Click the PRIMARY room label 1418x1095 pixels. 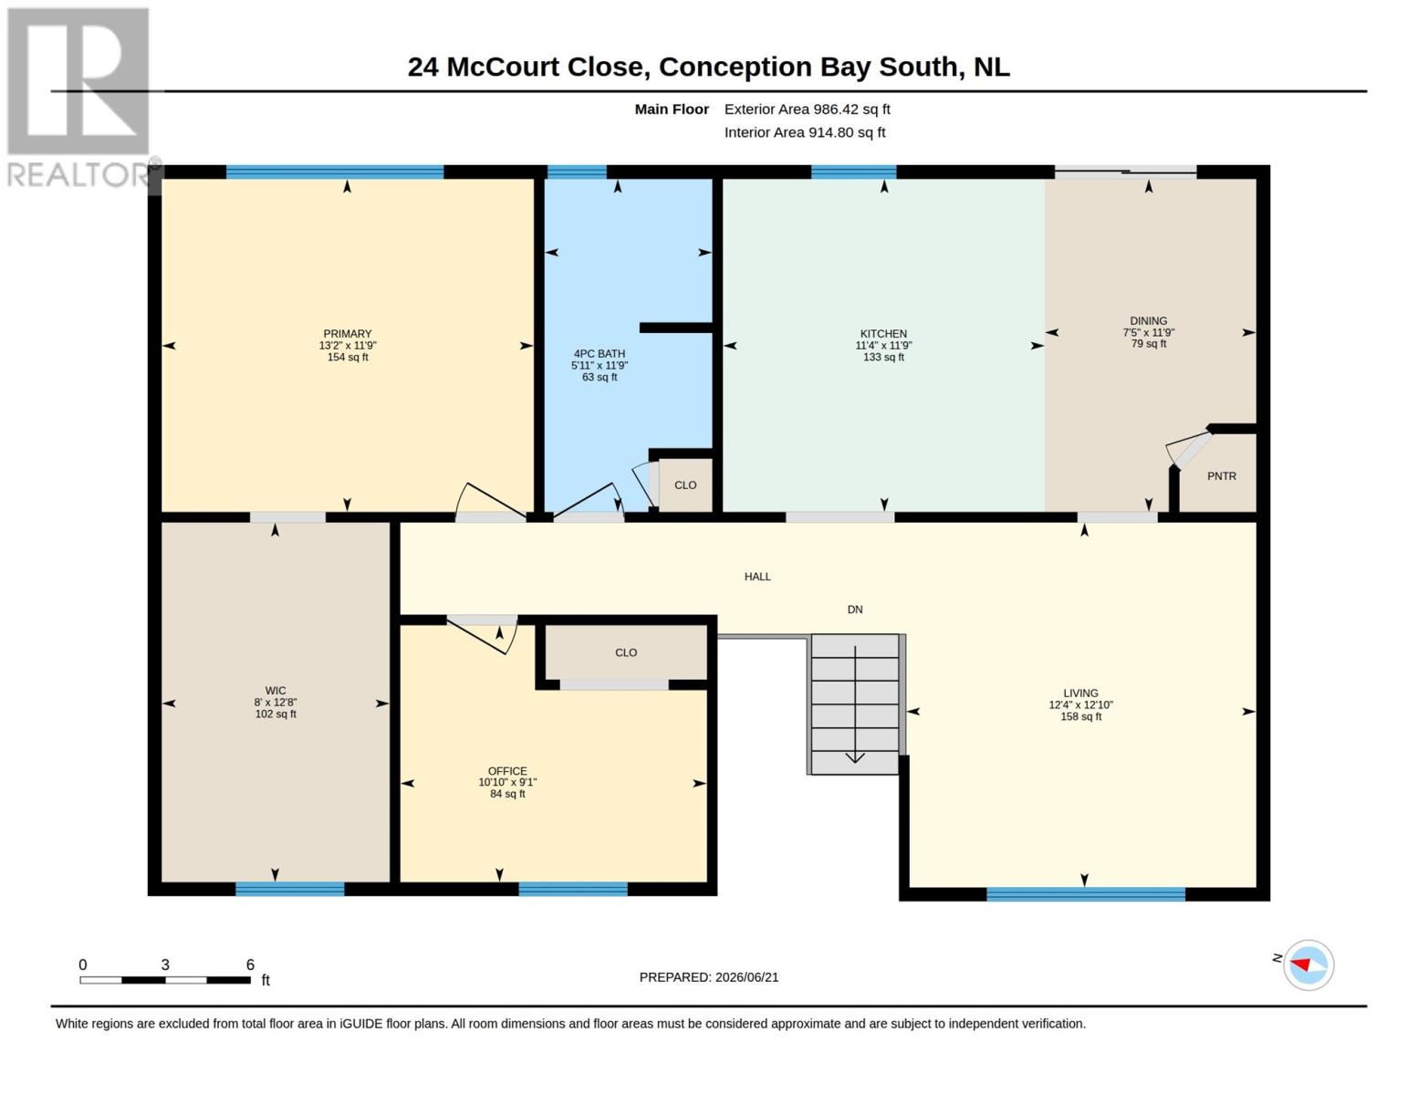pos(347,333)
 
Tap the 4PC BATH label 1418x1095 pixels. pos(599,354)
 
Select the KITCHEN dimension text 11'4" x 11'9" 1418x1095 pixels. pos(883,345)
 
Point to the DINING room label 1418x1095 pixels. pos(1149,320)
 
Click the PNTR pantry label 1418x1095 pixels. pos(1222,475)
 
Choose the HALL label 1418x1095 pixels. pos(757,576)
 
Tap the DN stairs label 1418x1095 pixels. pos(855,610)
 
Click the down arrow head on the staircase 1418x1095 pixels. pos(855,757)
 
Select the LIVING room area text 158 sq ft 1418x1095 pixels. pos(1080,716)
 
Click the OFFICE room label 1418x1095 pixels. pos(507,771)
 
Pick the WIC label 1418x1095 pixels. pos(276,691)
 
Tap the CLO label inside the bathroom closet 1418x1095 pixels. pos(685,485)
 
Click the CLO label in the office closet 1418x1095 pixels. pos(626,652)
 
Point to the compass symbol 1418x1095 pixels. pos(1309,965)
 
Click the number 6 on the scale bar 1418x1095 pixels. pos(250,965)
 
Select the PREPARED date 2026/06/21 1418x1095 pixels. pos(746,977)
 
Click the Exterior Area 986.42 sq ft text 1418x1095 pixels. pos(808,109)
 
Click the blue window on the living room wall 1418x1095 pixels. pos(1086,894)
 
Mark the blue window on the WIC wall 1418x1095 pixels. pos(290,889)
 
